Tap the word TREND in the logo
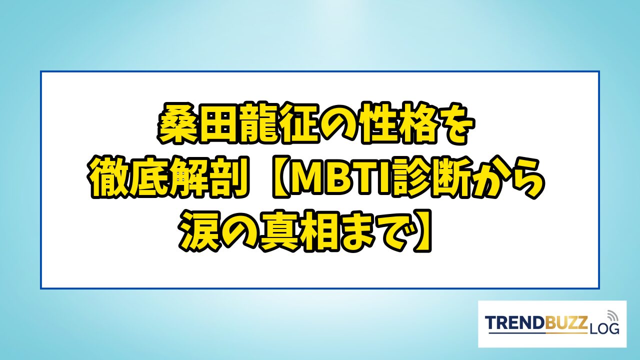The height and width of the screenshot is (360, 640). tap(515, 323)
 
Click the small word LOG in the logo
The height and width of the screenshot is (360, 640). tap(603, 329)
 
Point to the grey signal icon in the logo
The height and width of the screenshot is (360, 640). tap(612, 316)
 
